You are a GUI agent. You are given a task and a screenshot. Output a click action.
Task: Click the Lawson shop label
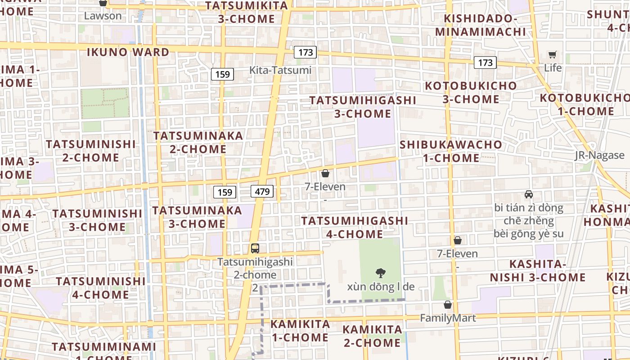(x=103, y=16)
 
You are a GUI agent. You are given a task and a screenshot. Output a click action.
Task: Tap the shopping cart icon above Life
(x=553, y=55)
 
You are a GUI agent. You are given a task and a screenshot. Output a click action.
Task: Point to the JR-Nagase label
(x=599, y=155)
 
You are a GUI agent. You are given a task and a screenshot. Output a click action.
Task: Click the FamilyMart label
(x=447, y=318)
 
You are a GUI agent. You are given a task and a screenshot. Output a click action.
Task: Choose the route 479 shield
(x=262, y=192)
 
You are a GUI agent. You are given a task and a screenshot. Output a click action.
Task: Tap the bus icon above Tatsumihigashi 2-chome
(x=255, y=248)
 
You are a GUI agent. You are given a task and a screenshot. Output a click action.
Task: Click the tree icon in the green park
(x=381, y=272)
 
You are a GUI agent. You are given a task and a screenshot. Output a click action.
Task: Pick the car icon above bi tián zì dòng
(x=529, y=194)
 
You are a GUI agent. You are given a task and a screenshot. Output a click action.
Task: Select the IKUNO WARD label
(x=128, y=52)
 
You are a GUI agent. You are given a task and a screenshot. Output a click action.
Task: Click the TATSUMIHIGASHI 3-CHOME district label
(x=363, y=107)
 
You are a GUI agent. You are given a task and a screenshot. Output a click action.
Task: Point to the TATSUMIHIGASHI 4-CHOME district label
(x=355, y=227)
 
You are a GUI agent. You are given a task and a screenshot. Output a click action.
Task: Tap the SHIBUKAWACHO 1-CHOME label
(x=451, y=151)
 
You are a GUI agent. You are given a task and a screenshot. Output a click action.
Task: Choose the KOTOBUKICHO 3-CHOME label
(x=471, y=92)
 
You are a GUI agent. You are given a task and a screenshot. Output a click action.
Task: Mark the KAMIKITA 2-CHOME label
(x=372, y=336)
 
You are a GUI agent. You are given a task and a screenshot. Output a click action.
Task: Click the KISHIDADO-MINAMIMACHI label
(x=480, y=25)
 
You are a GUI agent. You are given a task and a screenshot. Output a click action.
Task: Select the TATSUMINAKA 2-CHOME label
(x=198, y=142)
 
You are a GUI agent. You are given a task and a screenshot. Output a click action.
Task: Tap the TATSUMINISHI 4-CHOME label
(x=100, y=288)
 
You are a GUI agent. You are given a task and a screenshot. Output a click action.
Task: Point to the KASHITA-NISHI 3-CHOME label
(x=537, y=270)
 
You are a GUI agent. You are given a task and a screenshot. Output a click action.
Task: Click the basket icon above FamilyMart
(x=447, y=305)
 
